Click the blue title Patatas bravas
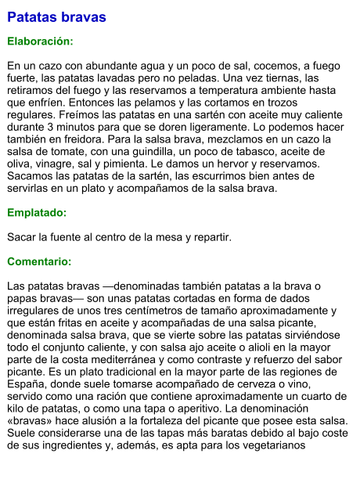(x=56, y=16)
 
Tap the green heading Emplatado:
(x=37, y=212)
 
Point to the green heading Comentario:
(x=39, y=261)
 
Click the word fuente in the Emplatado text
(x=65, y=236)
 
